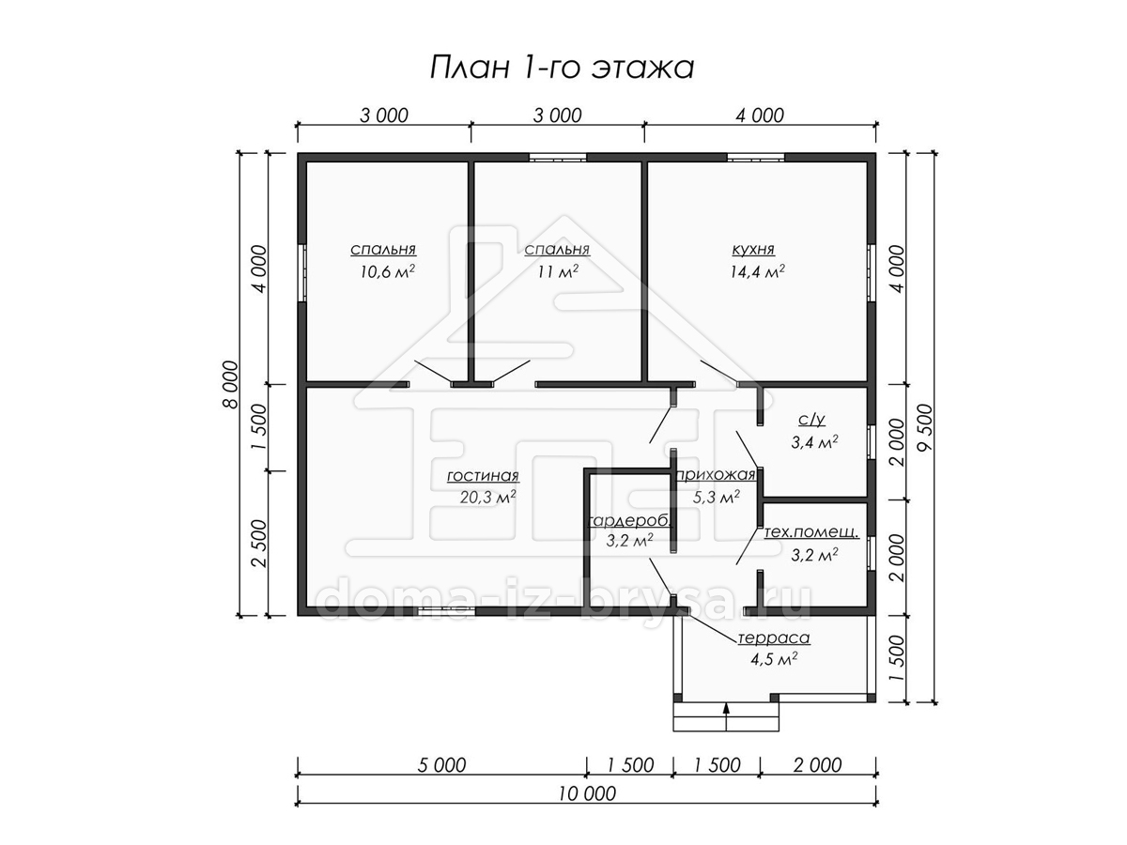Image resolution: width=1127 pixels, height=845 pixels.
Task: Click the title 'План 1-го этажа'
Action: (x=562, y=68)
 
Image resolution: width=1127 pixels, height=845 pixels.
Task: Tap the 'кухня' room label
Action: (x=753, y=250)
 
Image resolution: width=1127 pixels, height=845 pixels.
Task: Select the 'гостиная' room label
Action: (x=483, y=476)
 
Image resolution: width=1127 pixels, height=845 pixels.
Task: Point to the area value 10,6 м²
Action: (x=387, y=271)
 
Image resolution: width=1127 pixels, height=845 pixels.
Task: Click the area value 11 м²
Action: (x=558, y=271)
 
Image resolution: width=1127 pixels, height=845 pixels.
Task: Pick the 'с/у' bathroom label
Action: (x=811, y=421)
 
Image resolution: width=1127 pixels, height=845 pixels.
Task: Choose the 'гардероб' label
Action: (x=630, y=522)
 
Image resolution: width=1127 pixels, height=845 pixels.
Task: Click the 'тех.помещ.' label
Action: (x=811, y=532)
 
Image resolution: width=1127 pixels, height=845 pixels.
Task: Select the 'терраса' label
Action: (x=774, y=638)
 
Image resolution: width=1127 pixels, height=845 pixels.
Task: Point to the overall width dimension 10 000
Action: (x=586, y=793)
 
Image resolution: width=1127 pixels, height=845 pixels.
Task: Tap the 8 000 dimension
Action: (x=231, y=384)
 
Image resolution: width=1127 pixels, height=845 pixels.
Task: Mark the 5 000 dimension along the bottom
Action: (x=441, y=765)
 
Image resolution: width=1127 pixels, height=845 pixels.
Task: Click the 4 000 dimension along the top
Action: (x=760, y=115)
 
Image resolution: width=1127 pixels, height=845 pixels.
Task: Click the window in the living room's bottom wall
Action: (x=446, y=611)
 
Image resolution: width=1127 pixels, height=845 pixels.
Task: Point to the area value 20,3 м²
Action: (x=487, y=498)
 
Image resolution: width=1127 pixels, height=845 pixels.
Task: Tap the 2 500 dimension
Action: (x=260, y=544)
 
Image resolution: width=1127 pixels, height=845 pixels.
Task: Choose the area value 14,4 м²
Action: (x=757, y=271)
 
